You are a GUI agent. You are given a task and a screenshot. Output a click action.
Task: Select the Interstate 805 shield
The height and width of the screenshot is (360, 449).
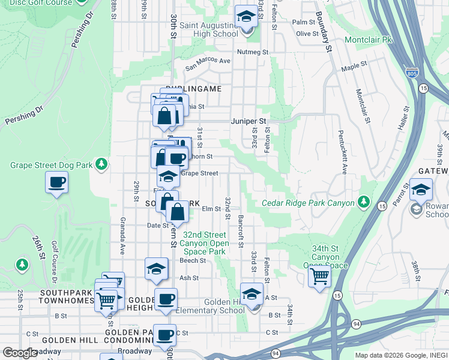pos(412,74)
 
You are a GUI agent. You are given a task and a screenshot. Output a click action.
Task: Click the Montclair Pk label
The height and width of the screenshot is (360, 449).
pos(368,40)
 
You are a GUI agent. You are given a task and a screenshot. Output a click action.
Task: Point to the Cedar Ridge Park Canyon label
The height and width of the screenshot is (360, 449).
pos(308,203)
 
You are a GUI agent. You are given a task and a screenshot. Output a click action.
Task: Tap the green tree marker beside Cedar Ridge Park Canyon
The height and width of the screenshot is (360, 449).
pos(363,202)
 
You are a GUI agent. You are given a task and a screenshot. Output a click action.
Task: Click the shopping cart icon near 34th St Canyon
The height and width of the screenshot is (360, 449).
pos(319,277)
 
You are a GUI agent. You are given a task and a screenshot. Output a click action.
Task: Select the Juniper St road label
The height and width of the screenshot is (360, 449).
pos(249,121)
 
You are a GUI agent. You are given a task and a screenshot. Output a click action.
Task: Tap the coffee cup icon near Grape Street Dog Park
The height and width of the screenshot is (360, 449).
pos(57,182)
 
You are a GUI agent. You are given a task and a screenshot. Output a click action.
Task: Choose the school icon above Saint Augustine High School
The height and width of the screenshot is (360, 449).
pos(246,16)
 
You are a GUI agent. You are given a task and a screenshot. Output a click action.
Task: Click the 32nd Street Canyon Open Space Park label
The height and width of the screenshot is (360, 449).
pos(206,243)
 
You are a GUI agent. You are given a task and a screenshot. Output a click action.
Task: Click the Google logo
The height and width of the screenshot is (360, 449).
pos(20,352)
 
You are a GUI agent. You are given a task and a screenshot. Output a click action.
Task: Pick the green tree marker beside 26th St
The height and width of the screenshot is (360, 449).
pos(23,263)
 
